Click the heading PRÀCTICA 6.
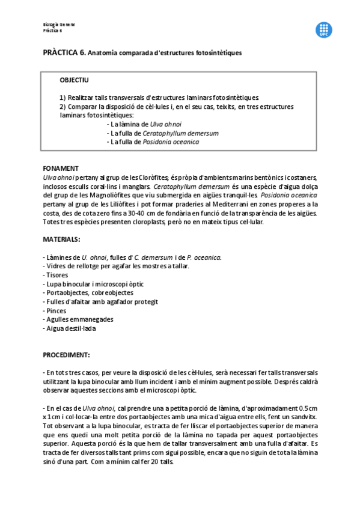tap(64, 53)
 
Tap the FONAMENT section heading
tap(61, 168)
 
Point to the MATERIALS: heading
tap(61, 239)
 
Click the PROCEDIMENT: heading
tap(66, 355)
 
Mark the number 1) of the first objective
tap(63, 97)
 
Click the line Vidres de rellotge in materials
tap(102, 266)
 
